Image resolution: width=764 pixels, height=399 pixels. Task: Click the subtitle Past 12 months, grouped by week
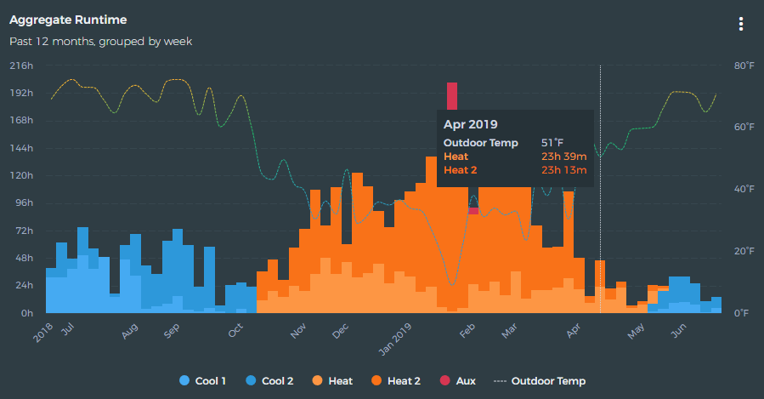(x=100, y=40)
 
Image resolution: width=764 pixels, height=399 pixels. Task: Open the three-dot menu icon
(x=741, y=24)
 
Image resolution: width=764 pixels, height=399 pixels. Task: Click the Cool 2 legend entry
(x=269, y=381)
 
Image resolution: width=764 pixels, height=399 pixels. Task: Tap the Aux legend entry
(x=458, y=381)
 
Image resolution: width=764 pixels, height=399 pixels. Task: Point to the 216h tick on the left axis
(x=21, y=66)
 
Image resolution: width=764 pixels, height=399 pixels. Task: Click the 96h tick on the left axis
(x=23, y=203)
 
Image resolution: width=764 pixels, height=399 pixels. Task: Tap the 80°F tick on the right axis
(x=744, y=66)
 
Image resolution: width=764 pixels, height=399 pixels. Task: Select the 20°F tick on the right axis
(x=744, y=251)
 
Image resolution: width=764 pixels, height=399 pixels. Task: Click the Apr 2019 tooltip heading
(x=470, y=125)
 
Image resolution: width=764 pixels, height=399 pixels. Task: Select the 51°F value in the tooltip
(x=552, y=143)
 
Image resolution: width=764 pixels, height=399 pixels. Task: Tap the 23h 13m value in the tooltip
(x=563, y=169)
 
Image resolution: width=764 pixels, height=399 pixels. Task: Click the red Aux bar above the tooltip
(x=452, y=95)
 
